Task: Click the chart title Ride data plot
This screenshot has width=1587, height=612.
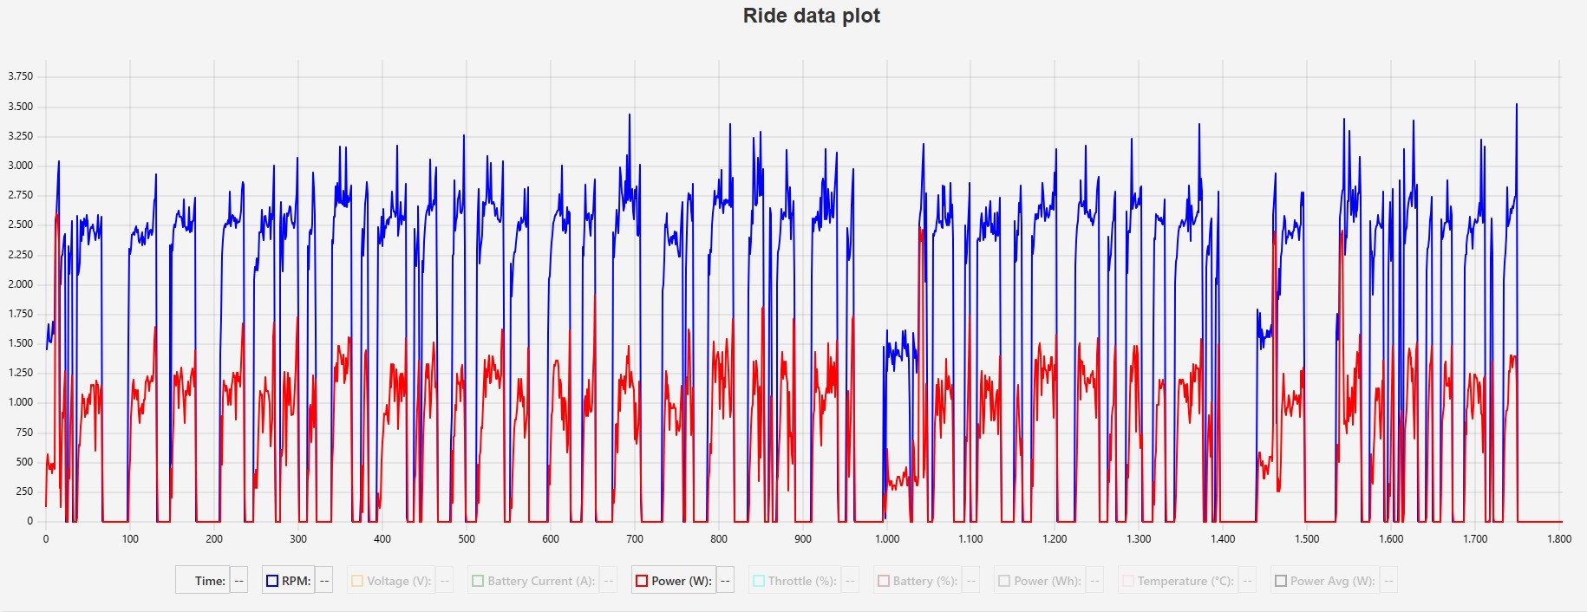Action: [x=811, y=16]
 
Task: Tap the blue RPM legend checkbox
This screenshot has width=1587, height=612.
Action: [x=272, y=581]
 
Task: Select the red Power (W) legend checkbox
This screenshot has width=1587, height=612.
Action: [x=642, y=581]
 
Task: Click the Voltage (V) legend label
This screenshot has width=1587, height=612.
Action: [x=398, y=581]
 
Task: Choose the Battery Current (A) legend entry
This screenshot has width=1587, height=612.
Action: [x=540, y=581]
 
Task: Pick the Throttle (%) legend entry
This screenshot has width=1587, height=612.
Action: [x=801, y=581]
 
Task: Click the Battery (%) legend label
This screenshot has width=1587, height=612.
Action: [x=924, y=581]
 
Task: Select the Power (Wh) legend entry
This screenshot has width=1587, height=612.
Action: [x=1047, y=581]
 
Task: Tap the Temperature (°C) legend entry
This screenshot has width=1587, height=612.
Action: [x=1185, y=581]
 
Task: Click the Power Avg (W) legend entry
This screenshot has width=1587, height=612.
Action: [x=1332, y=581]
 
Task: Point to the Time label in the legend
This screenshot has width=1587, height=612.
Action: [x=210, y=581]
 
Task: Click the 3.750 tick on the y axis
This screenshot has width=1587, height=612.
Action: [x=21, y=76]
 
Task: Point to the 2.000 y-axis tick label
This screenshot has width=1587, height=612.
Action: [x=21, y=284]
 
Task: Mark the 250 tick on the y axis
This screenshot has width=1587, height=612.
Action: [x=24, y=492]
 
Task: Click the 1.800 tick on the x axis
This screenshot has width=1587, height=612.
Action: [x=1559, y=539]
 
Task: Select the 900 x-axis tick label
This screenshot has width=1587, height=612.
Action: [x=803, y=539]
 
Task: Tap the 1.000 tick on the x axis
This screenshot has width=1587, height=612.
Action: [x=887, y=539]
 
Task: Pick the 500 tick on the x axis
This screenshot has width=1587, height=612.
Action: [x=467, y=539]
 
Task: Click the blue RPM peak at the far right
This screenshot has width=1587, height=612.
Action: [x=1516, y=106]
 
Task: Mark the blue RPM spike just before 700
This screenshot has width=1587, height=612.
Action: [x=630, y=115]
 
